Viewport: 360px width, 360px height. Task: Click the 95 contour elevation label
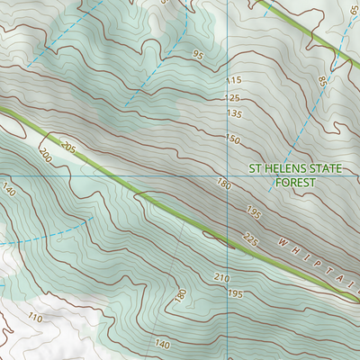pyautogui.click(x=198, y=55)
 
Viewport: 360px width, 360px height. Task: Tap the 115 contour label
pyautogui.click(x=234, y=82)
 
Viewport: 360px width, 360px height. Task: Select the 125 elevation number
pyautogui.click(x=234, y=97)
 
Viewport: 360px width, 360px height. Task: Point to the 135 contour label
pyautogui.click(x=235, y=114)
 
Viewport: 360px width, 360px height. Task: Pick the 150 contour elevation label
pyautogui.click(x=233, y=139)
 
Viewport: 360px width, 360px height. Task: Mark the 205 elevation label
pyautogui.click(x=67, y=145)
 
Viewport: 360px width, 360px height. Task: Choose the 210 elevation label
pyautogui.click(x=222, y=277)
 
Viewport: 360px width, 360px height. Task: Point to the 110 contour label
pyautogui.click(x=36, y=318)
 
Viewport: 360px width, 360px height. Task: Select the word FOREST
pyautogui.click(x=294, y=182)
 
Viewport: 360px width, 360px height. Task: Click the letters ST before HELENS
pyautogui.click(x=256, y=168)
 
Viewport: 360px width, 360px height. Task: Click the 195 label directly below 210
pyautogui.click(x=235, y=294)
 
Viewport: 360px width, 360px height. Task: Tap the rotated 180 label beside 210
pyautogui.click(x=181, y=294)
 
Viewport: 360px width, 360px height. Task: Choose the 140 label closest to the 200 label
pyautogui.click(x=10, y=190)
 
